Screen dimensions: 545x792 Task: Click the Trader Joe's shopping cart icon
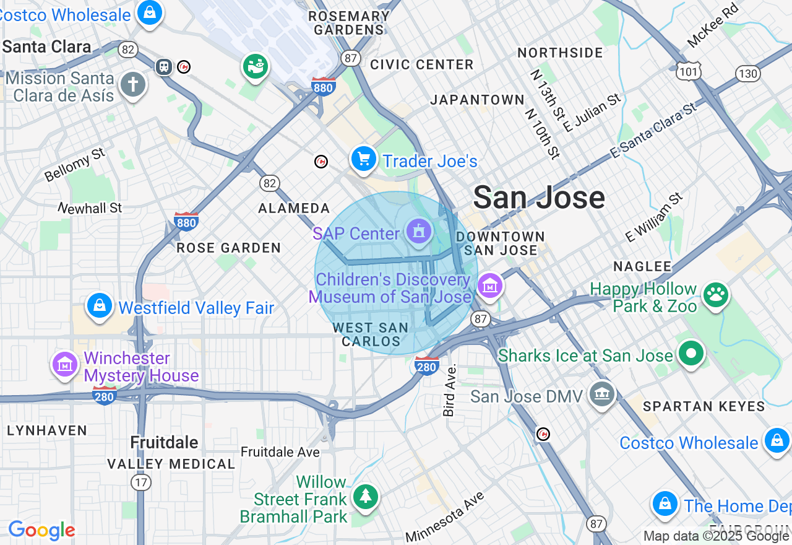pos(364,160)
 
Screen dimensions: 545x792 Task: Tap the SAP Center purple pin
pos(419,232)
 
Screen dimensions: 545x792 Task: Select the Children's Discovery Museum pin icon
pos(490,286)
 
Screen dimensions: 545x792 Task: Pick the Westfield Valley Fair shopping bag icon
pos(100,306)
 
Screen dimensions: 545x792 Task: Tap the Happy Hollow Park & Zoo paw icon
pos(716,295)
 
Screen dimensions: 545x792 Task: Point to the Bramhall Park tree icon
pos(366,496)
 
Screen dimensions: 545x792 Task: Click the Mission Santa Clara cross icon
pos(132,85)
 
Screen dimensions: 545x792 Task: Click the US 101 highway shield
pos(688,71)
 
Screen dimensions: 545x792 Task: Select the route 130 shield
pos(747,74)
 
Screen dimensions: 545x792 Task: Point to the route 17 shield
pos(141,482)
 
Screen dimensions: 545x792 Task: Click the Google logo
pos(41,530)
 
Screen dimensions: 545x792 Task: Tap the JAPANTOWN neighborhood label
pos(477,100)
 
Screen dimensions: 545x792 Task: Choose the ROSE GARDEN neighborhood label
pos(229,248)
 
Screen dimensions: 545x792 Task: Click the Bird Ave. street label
pos(449,390)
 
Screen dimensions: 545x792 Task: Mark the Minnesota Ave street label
pos(445,517)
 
